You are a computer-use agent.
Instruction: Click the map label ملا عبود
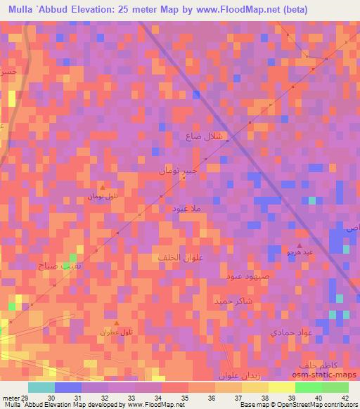click(189, 208)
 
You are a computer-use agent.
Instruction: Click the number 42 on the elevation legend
click(345, 398)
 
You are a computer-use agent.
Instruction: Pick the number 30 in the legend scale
click(51, 398)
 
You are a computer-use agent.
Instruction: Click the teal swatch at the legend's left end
click(41, 387)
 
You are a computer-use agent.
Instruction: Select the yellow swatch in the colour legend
click(282, 387)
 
